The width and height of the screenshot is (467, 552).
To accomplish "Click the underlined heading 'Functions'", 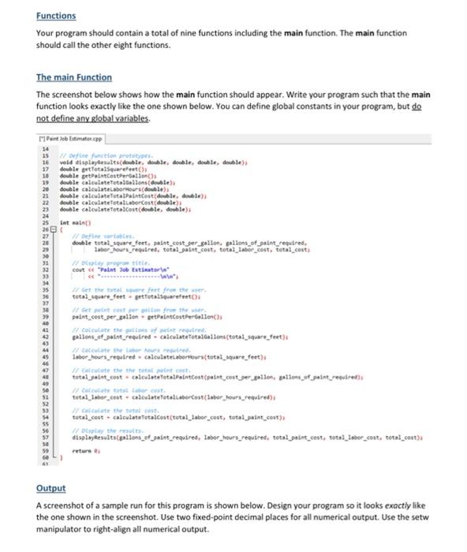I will click(x=55, y=16).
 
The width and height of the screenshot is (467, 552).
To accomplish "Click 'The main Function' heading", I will click(x=74, y=77).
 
